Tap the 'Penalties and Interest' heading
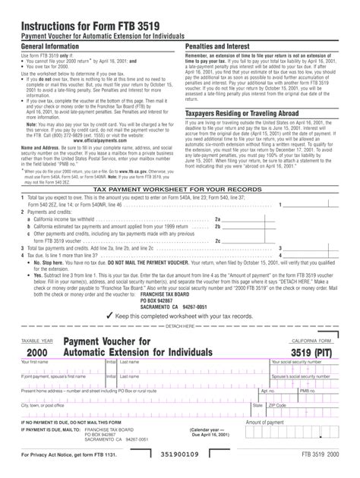click(x=219, y=46)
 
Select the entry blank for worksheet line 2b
click(x=251, y=226)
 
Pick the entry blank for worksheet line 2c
click(x=251, y=240)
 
